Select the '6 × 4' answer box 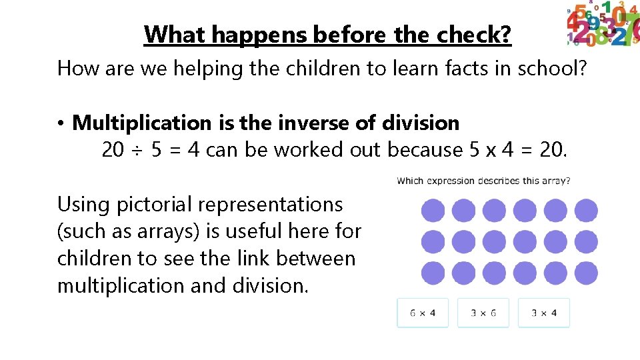point(423,313)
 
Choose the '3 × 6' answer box point(483,313)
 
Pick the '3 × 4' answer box point(544,313)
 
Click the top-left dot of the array point(433,211)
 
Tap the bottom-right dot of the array point(586,272)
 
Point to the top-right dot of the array point(586,211)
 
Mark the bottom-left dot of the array point(433,272)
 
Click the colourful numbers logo point(602,25)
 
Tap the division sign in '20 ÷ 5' point(137,151)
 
